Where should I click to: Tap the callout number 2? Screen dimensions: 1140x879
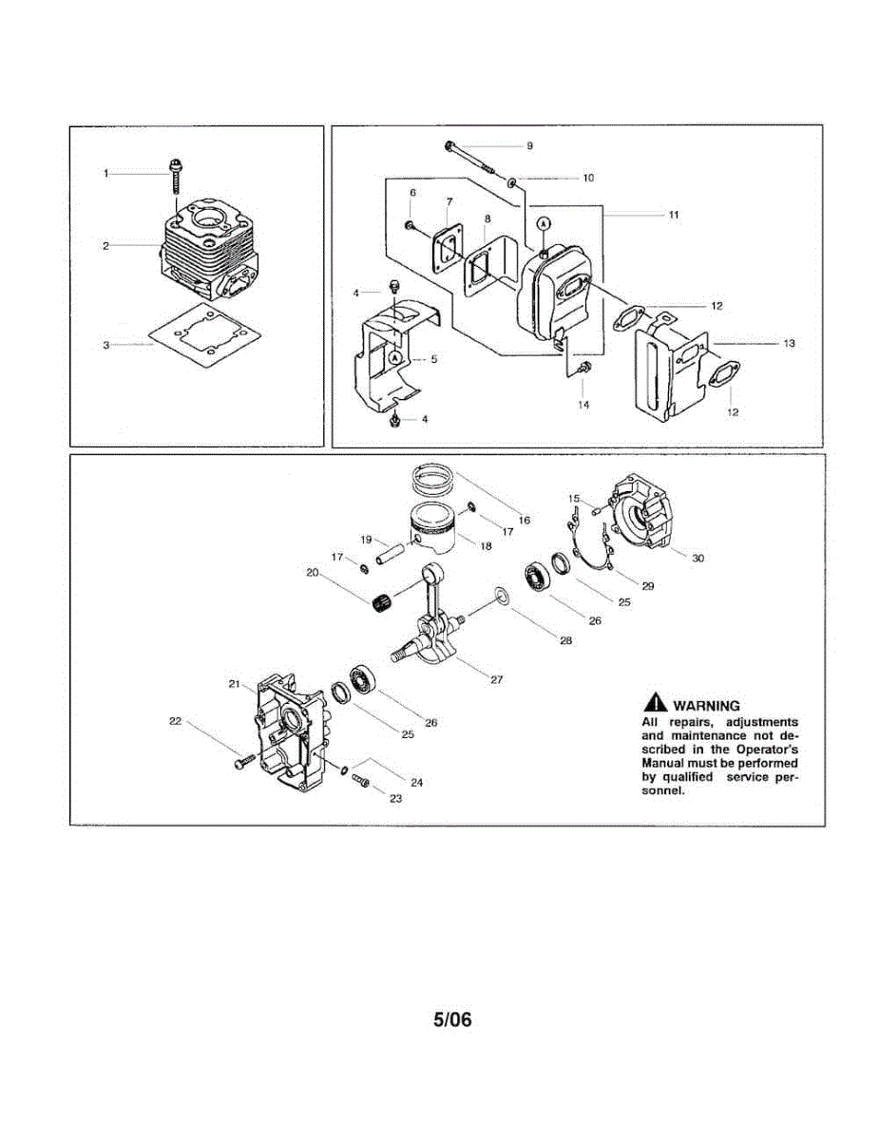(x=106, y=246)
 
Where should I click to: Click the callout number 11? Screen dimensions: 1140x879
(x=673, y=216)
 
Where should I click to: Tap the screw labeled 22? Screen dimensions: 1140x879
(x=240, y=761)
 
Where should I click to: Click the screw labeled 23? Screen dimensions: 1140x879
(x=359, y=779)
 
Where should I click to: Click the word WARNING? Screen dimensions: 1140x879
(x=705, y=706)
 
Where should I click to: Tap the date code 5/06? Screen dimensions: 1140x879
(x=452, y=1020)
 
